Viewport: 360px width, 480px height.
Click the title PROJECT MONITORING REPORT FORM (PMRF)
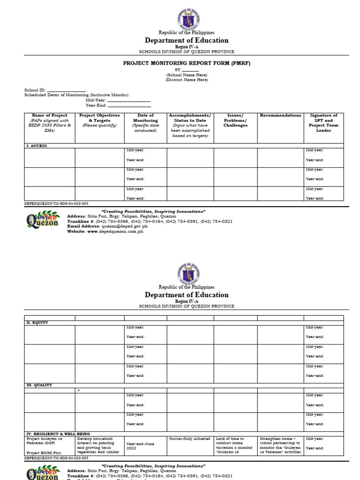(x=187, y=63)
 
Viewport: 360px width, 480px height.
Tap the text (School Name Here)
(x=187, y=75)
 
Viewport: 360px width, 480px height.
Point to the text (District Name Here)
(x=187, y=80)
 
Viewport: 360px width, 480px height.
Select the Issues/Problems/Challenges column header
(x=235, y=120)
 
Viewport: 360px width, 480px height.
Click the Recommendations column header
(x=280, y=115)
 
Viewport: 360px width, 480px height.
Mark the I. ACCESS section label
(x=36, y=146)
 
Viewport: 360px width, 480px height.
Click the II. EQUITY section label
(x=37, y=322)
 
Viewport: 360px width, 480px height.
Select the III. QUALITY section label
(x=38, y=385)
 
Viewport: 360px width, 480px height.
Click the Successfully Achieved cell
(x=190, y=439)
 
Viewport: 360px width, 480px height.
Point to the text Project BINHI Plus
(x=44, y=452)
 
